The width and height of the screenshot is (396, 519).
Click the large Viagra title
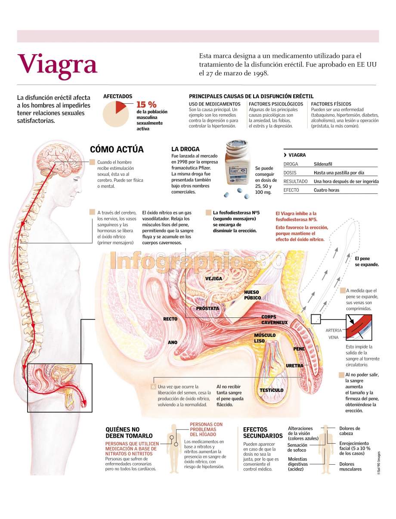click(x=57, y=65)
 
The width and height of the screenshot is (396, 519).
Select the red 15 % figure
click(x=146, y=104)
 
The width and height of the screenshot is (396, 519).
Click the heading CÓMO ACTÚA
click(x=117, y=149)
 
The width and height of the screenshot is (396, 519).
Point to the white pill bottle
click(x=237, y=162)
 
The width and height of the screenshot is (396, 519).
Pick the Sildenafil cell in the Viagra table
click(x=323, y=164)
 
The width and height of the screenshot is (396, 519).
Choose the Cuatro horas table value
click(x=326, y=190)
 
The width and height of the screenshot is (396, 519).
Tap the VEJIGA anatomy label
click(x=213, y=279)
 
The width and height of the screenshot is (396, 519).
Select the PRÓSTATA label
click(x=207, y=308)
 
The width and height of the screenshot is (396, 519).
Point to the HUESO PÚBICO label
click(x=252, y=295)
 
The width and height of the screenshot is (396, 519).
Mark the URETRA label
click(x=294, y=366)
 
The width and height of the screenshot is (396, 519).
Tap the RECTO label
click(x=170, y=319)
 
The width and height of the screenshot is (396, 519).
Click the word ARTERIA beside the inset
click(x=334, y=330)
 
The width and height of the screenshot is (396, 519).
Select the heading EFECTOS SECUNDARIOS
click(x=263, y=432)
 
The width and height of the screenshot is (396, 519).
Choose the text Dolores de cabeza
click(x=350, y=431)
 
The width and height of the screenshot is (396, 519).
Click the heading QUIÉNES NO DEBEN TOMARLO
click(x=129, y=432)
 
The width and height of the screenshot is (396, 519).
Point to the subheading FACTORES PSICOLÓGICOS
click(x=276, y=104)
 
